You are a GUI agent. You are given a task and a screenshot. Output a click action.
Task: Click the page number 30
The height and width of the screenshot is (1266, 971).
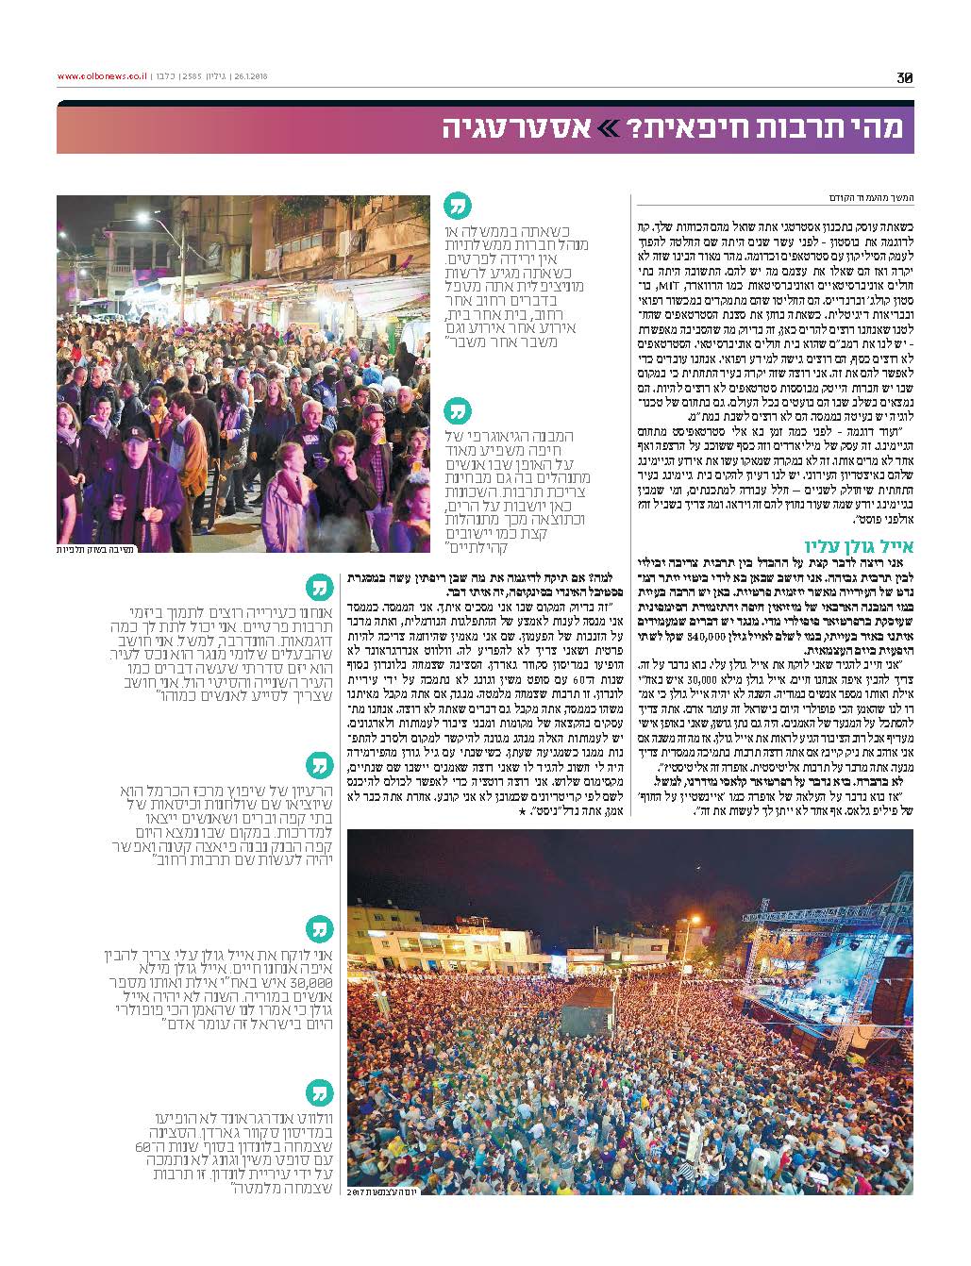click(905, 78)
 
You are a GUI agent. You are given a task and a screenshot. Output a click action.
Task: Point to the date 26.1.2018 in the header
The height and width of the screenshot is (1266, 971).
click(248, 77)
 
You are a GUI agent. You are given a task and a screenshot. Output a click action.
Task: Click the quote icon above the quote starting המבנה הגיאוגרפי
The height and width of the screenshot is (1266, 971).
click(458, 412)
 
